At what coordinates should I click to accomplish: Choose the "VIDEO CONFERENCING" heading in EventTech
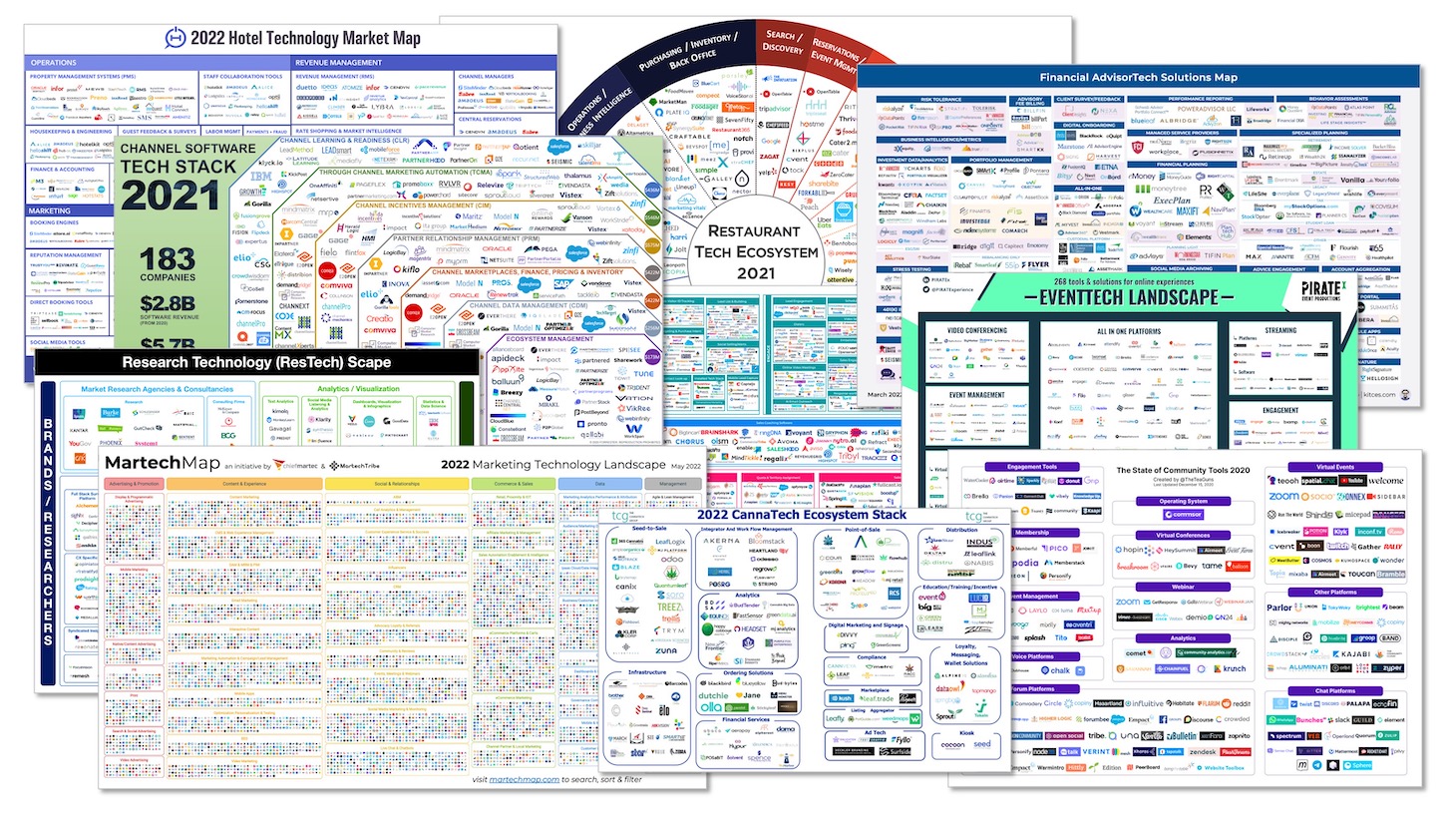click(975, 330)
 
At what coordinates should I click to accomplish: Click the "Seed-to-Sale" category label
click(648, 528)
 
